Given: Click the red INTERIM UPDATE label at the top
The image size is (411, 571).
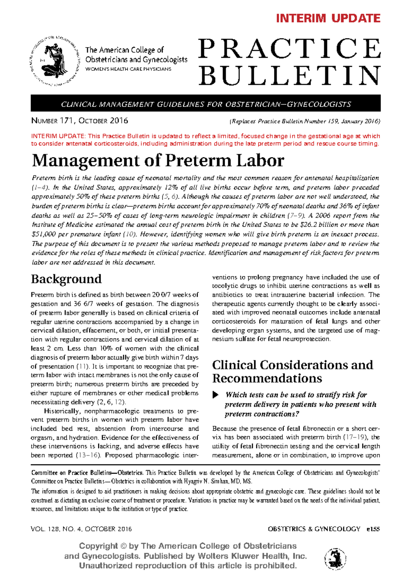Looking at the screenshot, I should (328, 18).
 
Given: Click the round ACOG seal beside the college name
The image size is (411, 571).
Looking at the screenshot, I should (54, 61).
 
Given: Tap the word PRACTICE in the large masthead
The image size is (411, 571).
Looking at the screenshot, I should (289, 49).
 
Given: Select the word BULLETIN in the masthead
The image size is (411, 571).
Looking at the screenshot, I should (289, 76).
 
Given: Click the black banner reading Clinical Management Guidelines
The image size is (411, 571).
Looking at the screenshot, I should (206, 104).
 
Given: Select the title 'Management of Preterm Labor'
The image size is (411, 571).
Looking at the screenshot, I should (158, 160).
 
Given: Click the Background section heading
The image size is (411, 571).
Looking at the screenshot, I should (66, 279).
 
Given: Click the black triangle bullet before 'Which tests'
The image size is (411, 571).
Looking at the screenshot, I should (215, 395).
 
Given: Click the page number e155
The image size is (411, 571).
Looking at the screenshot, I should (373, 529).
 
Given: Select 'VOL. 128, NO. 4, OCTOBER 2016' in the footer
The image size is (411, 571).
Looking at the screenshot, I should (81, 529).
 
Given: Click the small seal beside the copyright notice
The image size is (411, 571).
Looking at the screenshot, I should (335, 558).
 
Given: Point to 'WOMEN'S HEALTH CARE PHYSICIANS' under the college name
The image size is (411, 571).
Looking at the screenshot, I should (128, 69).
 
